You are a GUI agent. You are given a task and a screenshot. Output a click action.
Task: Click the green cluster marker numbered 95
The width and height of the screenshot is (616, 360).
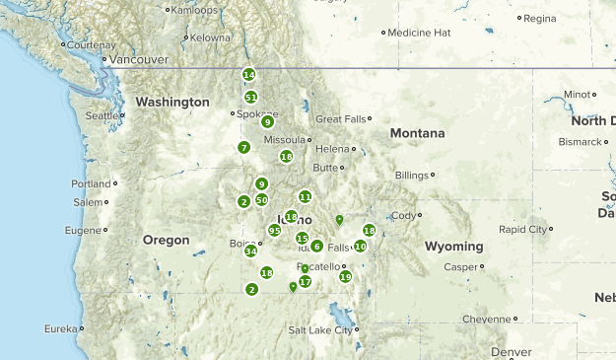tap(274, 231)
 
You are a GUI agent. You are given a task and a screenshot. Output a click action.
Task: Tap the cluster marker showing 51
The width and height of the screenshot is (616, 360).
tap(251, 98)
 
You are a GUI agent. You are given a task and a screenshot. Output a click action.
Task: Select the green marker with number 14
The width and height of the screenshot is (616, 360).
tap(248, 75)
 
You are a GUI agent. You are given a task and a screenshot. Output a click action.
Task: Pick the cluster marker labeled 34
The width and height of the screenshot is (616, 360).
tap(250, 251)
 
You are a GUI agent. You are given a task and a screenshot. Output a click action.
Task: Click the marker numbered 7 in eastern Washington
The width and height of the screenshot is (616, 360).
tap(243, 148)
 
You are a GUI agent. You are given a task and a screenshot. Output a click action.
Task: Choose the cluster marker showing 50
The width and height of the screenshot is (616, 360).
tap(261, 199)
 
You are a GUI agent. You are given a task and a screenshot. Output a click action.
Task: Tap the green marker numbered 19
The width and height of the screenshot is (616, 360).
tap(345, 277)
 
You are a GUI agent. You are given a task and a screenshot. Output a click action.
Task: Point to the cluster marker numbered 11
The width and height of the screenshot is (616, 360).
tap(306, 197)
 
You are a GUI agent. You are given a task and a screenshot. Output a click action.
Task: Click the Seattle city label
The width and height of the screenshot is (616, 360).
tap(101, 115)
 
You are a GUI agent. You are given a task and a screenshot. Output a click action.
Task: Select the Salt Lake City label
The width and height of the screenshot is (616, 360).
tap(320, 330)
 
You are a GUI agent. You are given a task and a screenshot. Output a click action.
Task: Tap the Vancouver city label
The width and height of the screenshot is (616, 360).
tap(139, 59)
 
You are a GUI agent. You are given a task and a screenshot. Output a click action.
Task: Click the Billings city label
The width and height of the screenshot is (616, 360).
tap(412, 176)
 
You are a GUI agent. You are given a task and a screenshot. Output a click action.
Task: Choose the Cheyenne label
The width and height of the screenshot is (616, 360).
tap(487, 319)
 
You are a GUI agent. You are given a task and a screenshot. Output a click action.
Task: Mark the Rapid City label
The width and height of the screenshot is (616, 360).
tap(523, 229)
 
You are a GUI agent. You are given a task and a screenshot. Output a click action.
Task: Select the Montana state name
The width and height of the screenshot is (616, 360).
tap(417, 133)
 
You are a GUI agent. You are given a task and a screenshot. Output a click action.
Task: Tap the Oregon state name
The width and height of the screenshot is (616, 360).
tap(166, 240)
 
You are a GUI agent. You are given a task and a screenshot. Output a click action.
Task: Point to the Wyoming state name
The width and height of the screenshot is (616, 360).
tap(454, 246)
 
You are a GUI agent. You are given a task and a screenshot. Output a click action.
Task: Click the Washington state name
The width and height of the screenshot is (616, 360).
tap(172, 102)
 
